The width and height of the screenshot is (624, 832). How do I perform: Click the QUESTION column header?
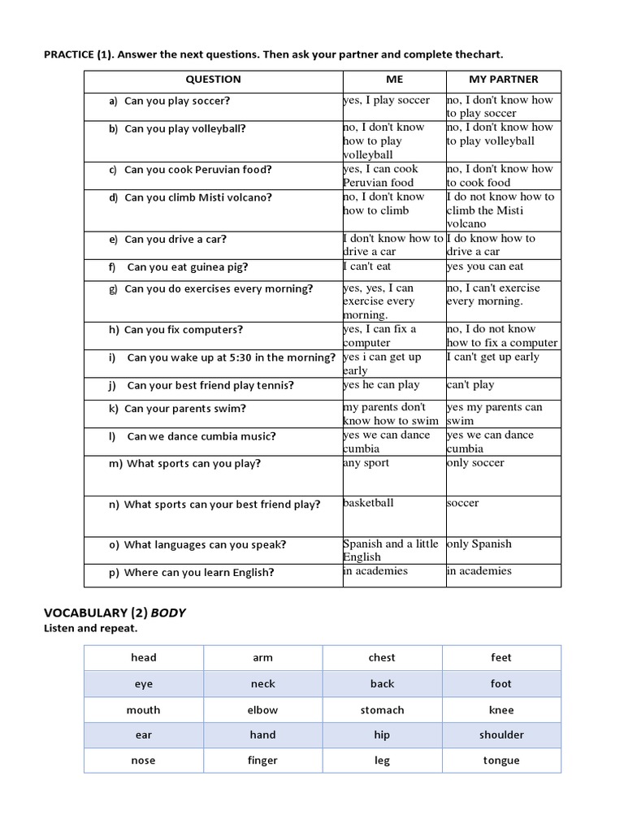pos(213,80)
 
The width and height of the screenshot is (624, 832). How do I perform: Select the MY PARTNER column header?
pos(504,80)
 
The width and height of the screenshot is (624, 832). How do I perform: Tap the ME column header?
pos(394,80)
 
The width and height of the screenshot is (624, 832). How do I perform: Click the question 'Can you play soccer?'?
pos(177,102)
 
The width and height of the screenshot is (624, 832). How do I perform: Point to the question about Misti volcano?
pos(198,197)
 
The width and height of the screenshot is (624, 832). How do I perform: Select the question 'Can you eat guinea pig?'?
pos(188,267)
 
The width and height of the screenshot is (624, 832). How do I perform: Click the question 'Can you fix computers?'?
pos(184,330)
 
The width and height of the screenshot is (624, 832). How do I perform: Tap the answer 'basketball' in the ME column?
pos(368,503)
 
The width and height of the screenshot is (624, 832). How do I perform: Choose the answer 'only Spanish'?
pos(479,544)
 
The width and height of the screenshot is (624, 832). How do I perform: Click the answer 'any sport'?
pos(366,463)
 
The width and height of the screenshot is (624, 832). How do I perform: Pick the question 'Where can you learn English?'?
pos(199,573)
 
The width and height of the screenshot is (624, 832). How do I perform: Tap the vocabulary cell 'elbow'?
pos(262,710)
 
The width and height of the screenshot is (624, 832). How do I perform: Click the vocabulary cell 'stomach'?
pos(382,710)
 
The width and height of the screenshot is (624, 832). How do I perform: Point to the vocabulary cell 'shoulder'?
pos(501,735)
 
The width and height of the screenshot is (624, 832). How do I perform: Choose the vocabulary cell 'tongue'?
pos(501,761)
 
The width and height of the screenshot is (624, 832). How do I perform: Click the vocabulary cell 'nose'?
pos(143,761)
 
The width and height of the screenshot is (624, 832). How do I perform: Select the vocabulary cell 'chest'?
pos(382,658)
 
